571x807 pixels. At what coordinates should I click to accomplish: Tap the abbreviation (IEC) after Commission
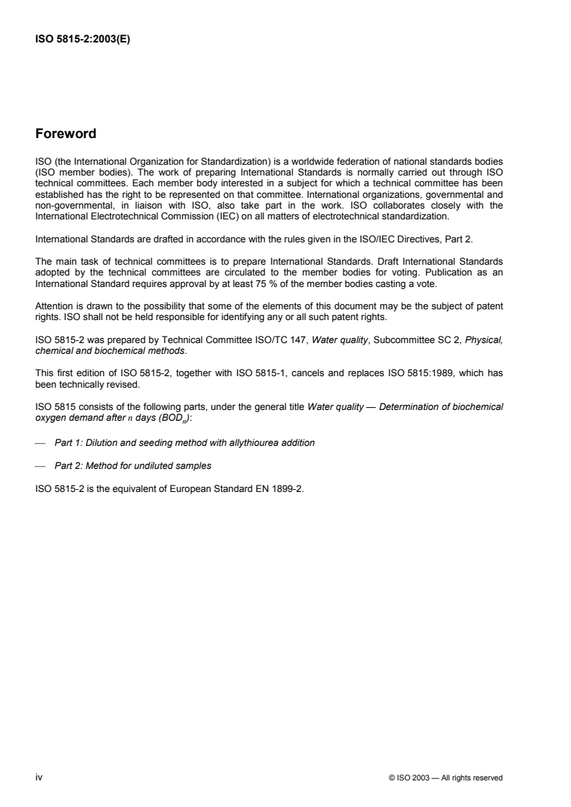tap(205, 215)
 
